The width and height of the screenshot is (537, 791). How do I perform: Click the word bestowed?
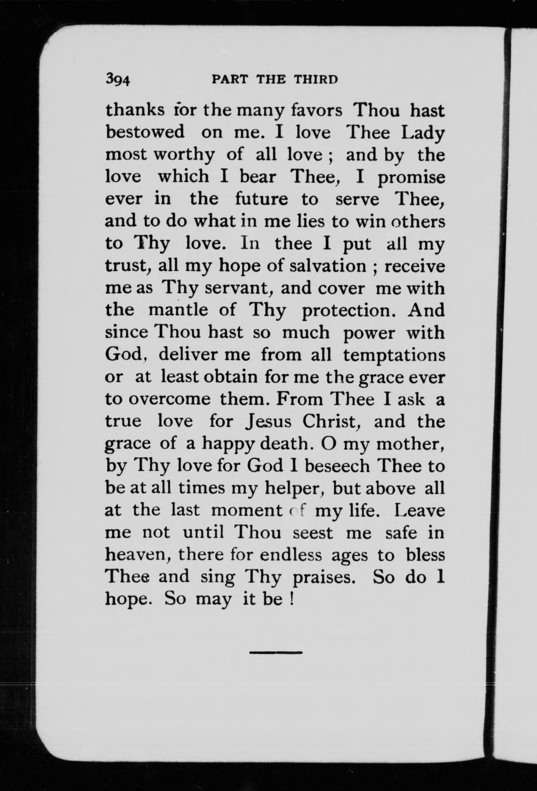click(145, 133)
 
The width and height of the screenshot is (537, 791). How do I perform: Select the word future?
click(262, 199)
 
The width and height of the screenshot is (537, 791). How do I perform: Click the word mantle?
click(179, 310)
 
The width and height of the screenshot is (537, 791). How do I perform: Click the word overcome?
click(169, 399)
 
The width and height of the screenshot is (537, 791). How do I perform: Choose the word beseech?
click(337, 466)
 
